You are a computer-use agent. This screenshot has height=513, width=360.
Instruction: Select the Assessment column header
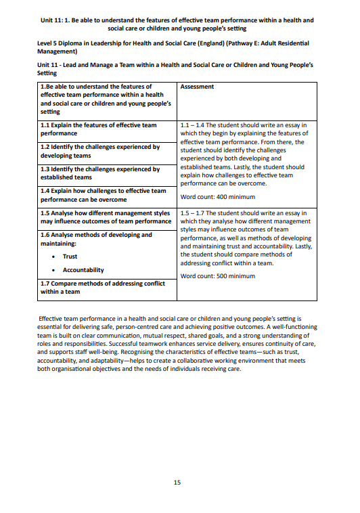coord(198,87)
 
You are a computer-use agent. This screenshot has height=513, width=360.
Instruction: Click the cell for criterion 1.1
coord(107,129)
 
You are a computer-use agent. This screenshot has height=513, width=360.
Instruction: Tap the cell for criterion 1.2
coord(107,151)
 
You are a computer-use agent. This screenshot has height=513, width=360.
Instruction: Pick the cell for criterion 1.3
coord(107,173)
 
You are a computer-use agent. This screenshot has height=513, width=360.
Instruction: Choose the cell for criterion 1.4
coord(107,195)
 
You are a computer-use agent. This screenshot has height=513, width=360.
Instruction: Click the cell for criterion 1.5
coord(107,217)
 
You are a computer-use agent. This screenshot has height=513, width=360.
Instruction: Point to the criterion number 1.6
coord(47,235)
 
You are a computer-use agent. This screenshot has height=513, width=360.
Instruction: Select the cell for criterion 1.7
coord(107,288)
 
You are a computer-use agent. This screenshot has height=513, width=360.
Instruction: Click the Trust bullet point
coord(70,256)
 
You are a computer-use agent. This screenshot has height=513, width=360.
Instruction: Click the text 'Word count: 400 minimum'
coord(217,197)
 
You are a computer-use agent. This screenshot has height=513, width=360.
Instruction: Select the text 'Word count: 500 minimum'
coord(217,276)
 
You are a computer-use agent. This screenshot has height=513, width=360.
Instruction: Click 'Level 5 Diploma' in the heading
coord(61,43)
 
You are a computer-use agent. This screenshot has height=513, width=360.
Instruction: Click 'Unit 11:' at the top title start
coord(53,20)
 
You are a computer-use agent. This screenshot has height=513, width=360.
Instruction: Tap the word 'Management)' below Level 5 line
coord(58,51)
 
